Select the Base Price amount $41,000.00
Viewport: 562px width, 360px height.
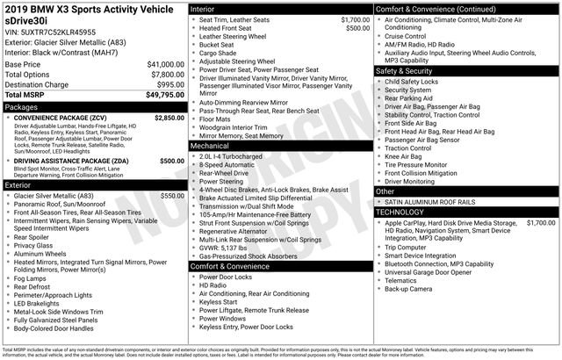click(159, 65)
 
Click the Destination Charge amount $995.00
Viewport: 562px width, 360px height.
click(166, 84)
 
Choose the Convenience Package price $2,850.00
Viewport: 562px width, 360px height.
click(169, 118)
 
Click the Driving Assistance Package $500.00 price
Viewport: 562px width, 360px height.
click(172, 162)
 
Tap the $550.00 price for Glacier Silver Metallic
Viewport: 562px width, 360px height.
click(172, 196)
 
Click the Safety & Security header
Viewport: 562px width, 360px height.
click(409, 70)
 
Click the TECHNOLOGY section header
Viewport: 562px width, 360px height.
click(405, 212)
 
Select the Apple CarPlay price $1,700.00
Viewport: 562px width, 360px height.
click(540, 223)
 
